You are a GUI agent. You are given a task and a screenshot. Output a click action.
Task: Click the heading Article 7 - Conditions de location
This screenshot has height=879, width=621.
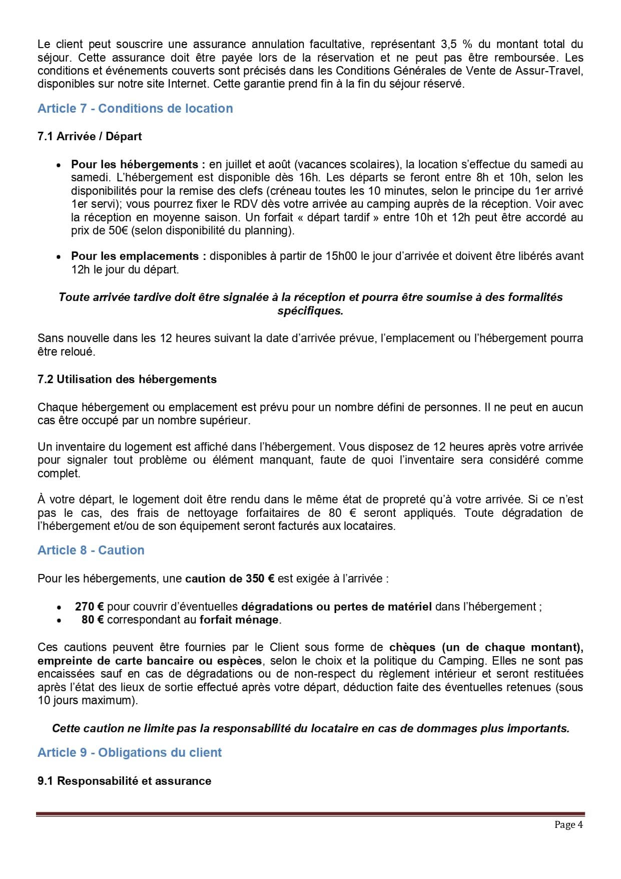coord(135,109)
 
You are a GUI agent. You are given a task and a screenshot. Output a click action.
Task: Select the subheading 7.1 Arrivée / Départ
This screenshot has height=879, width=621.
coord(90,137)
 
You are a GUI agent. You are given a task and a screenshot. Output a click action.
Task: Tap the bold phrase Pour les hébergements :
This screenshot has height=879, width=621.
coord(138,164)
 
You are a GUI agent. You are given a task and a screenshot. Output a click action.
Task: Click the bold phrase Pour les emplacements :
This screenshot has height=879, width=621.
coord(138,256)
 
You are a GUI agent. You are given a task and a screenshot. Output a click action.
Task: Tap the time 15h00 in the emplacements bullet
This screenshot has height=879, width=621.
coord(341,256)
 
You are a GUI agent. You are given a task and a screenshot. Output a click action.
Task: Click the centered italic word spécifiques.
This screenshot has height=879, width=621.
coord(310,311)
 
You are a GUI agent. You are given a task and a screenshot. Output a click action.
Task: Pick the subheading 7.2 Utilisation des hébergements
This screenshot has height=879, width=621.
coord(127,379)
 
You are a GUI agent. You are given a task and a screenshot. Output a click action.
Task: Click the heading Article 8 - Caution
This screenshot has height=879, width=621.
coord(91,550)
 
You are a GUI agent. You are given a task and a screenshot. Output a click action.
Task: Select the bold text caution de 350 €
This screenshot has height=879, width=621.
coord(230,578)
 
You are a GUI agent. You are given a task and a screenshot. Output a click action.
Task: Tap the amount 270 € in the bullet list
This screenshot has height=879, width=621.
coord(90,607)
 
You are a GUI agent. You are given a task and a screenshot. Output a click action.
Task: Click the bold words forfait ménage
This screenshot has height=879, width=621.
coord(239,620)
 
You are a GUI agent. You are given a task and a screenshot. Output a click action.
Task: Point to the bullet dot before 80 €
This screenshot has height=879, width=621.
coord(59,621)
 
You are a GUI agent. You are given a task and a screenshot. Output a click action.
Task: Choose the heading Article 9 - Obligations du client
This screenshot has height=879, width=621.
coord(130,753)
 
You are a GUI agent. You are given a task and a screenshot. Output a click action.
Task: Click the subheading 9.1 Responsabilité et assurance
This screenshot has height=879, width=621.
coord(124,781)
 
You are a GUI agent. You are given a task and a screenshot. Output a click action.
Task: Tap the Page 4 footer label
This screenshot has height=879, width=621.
coord(568,824)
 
